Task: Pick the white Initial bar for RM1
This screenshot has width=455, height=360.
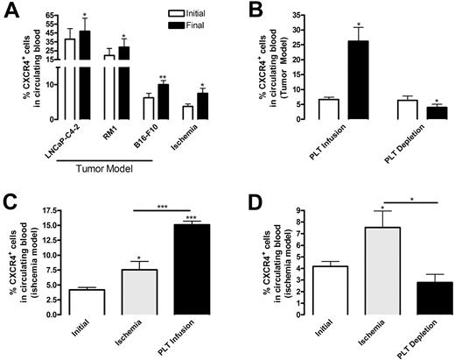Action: click(110, 87)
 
